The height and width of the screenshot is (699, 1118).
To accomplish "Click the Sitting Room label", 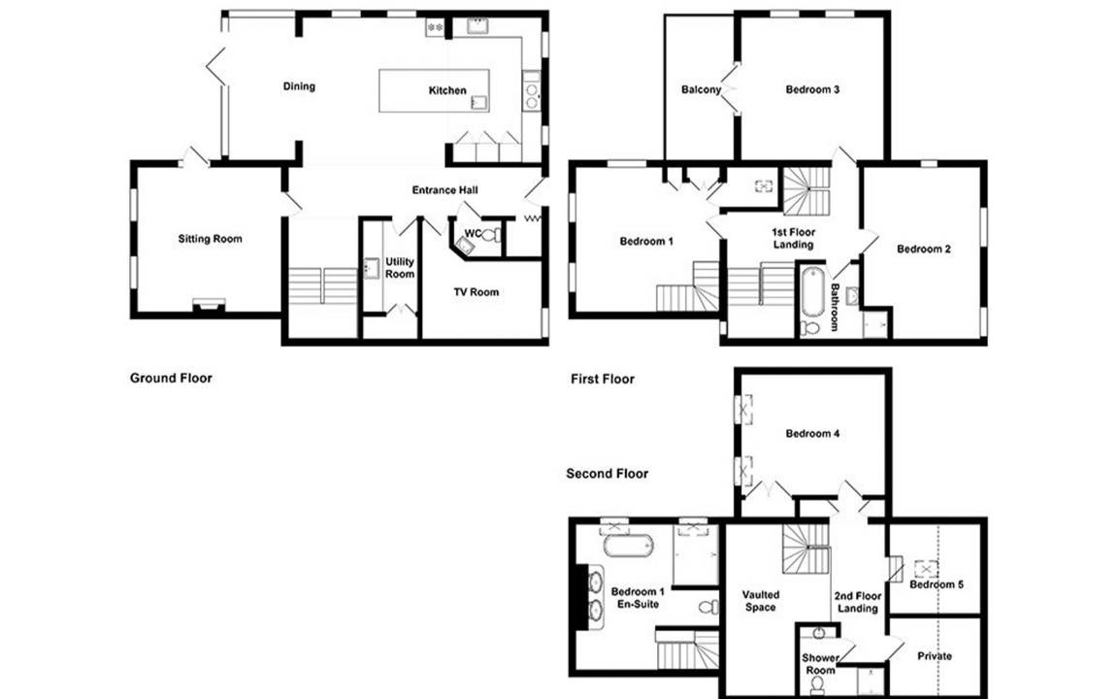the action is coord(210,239).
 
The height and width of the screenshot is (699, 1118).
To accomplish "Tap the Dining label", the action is coord(299,86).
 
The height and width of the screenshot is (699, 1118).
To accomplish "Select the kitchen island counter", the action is coord(434,90).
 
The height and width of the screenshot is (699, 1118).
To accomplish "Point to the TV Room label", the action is coord(477,291).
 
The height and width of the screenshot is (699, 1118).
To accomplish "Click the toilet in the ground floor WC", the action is coord(490,235).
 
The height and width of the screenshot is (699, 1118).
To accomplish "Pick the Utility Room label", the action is coord(399,268).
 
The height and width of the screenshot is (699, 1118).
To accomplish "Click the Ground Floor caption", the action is coord(171,378).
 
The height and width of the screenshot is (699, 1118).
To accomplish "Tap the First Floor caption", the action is coord(603,379).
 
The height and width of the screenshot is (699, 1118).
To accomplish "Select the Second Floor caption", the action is coord(608,474).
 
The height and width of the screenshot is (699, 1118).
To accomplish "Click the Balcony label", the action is coord(701,90).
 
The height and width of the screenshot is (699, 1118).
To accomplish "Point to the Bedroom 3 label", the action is coord(812,90).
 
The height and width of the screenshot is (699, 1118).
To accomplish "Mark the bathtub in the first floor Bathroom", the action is coord(811,291).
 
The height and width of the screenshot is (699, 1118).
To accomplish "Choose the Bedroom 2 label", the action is coord(923,249).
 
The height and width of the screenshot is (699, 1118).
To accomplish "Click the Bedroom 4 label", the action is coord(812,434).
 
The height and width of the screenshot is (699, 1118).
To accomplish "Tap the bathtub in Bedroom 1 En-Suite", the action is coord(628,547).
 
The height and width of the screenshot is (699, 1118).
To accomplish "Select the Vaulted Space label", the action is coord(760,601).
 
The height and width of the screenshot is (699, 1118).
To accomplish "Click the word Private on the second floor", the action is coord(934,656).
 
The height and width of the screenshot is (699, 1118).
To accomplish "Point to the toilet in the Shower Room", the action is coord(817,684).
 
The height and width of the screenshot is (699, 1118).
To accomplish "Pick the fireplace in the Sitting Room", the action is coord(209,305).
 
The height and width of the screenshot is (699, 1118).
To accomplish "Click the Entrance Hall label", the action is coord(444,189).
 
